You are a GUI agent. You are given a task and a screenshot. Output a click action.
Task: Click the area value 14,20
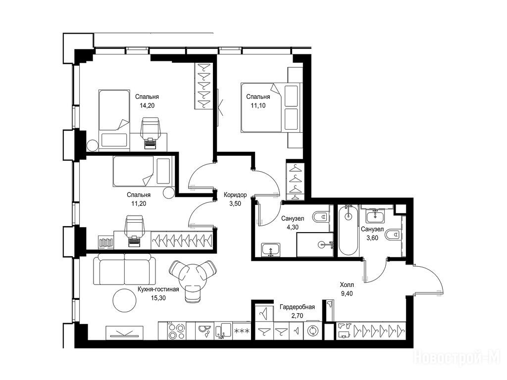147,105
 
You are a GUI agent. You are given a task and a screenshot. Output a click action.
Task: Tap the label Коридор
235,195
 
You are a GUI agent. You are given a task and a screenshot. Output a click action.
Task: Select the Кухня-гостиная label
158,289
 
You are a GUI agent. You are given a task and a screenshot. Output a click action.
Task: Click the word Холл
347,285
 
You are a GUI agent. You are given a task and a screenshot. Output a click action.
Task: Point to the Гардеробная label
297,307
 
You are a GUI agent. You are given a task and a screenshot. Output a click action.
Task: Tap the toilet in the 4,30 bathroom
321,217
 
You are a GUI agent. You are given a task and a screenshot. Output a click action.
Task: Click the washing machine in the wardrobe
313,331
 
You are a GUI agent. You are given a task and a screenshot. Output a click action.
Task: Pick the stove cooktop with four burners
176,331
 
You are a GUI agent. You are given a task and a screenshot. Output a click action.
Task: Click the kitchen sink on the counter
223,331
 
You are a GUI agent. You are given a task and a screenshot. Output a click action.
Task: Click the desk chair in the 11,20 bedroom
134,231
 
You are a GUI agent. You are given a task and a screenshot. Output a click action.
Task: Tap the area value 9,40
347,294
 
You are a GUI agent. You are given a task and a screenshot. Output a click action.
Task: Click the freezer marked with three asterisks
241,331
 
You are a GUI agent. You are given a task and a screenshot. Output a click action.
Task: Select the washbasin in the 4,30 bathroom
271,249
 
